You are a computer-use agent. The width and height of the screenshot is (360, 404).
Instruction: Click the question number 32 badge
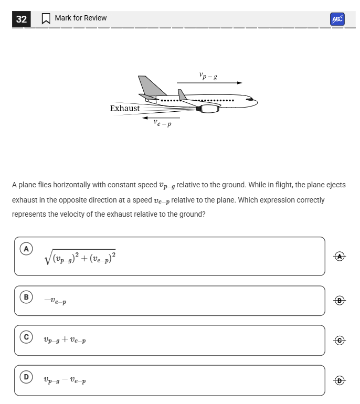(x=22, y=19)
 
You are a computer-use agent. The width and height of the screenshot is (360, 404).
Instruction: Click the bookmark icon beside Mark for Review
(x=46, y=18)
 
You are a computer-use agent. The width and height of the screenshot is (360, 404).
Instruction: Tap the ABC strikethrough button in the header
(x=337, y=19)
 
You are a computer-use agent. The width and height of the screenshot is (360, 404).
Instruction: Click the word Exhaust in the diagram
(x=125, y=108)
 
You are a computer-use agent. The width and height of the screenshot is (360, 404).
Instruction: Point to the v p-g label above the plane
(x=208, y=76)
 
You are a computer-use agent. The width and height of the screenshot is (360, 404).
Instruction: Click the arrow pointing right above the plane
(x=209, y=83)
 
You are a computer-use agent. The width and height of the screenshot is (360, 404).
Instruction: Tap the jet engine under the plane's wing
(x=208, y=109)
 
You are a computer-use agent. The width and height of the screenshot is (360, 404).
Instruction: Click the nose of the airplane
(x=254, y=100)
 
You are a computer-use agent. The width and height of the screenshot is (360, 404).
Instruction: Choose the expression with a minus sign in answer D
(x=65, y=380)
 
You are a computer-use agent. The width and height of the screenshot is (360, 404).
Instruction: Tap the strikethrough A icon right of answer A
(x=341, y=256)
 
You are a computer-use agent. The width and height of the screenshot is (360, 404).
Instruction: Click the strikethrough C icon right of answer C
(x=341, y=340)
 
